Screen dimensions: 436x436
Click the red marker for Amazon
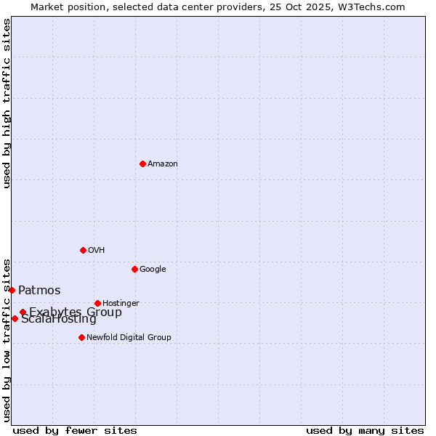click(x=142, y=163)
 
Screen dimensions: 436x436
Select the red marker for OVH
click(x=83, y=250)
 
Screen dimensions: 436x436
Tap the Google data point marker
click(x=134, y=269)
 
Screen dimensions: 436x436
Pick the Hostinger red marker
click(x=97, y=303)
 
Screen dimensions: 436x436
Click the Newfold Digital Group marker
click(x=81, y=337)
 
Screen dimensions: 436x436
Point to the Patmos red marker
click(x=12, y=290)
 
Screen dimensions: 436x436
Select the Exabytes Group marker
click(x=23, y=312)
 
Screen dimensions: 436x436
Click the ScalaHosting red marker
click(x=15, y=318)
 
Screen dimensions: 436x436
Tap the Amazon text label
click(x=163, y=163)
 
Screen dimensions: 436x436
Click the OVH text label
click(x=97, y=250)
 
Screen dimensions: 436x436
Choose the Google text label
click(x=153, y=269)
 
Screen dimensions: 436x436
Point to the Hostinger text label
click(x=121, y=303)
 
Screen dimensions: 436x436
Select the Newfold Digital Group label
click(x=129, y=337)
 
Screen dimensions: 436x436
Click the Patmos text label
click(x=39, y=291)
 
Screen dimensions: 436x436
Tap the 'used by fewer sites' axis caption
click(x=75, y=430)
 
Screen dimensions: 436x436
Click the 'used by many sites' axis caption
click(x=365, y=430)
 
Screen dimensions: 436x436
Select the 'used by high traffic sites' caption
click(x=7, y=103)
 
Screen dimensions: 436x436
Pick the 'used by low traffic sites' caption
click(x=7, y=340)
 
